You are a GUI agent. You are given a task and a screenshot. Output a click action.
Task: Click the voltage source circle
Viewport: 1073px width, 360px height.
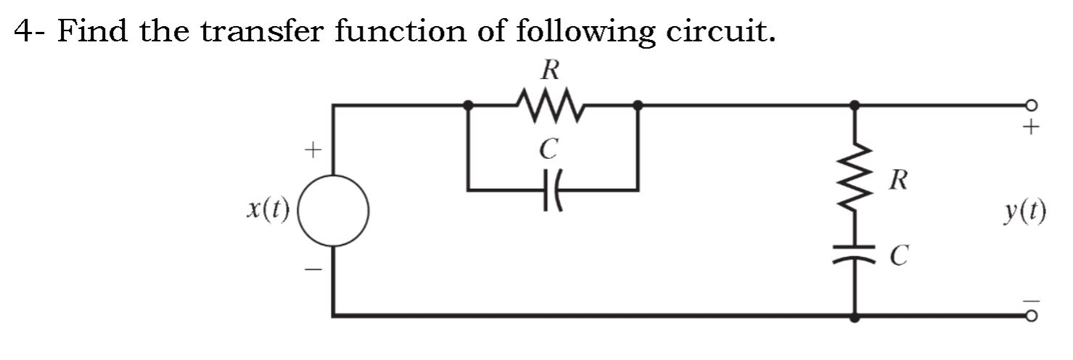[x=334, y=211]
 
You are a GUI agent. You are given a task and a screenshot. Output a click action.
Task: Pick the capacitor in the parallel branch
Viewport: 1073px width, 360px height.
[x=552, y=190]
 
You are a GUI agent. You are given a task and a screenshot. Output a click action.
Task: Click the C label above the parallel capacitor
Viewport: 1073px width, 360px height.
[x=550, y=150]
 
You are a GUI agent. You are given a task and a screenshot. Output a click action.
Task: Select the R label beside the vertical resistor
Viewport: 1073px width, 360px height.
[x=897, y=179]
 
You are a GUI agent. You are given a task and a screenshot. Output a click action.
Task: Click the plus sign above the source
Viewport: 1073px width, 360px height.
[x=312, y=151]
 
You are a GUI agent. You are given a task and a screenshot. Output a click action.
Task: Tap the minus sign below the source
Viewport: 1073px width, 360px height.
[x=312, y=270]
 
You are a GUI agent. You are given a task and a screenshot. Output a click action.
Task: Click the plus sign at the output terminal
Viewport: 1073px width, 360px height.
[x=1030, y=128]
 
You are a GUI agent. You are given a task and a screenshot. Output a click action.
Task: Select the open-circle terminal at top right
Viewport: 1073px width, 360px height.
[x=1031, y=105]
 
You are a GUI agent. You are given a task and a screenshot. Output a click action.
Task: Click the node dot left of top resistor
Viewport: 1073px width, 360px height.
[x=469, y=105]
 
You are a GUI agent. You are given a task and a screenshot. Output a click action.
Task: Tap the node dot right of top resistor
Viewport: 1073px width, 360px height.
[x=638, y=105]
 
